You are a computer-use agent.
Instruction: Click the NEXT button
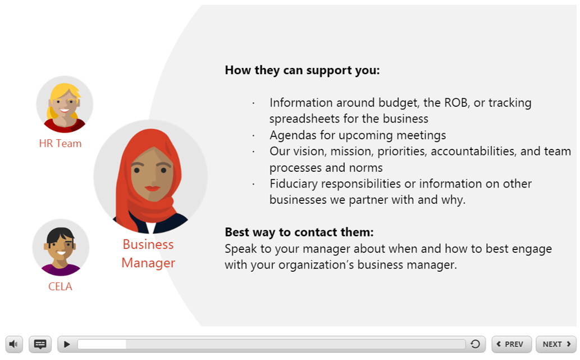556,344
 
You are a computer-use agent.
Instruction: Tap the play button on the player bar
67,344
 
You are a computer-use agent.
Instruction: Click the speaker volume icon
13,344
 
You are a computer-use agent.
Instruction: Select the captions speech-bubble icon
40,344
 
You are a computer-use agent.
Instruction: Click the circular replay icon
476,344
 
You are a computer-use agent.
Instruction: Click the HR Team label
60,144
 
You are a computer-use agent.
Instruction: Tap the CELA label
60,286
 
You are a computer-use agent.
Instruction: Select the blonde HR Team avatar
65,104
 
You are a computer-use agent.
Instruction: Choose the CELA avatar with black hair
61,248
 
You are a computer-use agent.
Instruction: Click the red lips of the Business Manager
152,188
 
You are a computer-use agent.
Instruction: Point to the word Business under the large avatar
148,244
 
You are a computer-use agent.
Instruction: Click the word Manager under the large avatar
148,263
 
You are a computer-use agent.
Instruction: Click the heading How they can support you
302,70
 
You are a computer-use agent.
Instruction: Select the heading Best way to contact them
299,232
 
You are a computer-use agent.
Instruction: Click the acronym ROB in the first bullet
456,102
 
